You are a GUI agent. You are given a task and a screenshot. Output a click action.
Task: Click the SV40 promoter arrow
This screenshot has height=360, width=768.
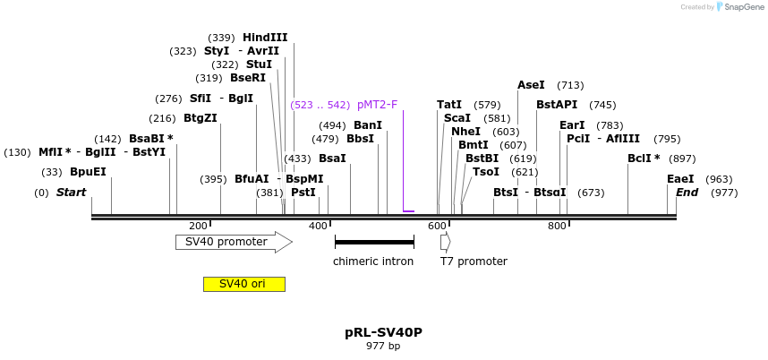coord(233,242)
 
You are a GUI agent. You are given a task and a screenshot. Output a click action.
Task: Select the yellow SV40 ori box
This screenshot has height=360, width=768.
coord(243,284)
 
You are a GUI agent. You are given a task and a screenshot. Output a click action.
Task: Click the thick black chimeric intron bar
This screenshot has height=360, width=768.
coord(374,242)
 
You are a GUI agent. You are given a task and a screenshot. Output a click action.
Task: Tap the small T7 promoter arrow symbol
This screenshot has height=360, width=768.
coord(445,242)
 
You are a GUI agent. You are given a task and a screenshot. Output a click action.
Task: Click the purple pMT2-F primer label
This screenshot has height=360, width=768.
coord(377,105)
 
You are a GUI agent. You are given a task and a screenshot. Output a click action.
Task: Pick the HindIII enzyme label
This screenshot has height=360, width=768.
coord(265,38)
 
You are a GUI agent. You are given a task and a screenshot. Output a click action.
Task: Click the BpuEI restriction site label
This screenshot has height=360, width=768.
coord(88,172)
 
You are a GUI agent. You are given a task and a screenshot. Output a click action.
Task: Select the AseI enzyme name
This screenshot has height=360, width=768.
coord(531,85)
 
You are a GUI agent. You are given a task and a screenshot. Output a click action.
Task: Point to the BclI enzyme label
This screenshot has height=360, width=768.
coord(644,159)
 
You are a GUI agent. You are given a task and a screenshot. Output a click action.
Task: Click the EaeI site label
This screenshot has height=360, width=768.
coord(680,179)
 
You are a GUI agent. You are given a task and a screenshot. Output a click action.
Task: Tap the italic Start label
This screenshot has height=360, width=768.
coord(72,193)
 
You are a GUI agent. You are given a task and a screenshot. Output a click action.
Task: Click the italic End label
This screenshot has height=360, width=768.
coord(687,193)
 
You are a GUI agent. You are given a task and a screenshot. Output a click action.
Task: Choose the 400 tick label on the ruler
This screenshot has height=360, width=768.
coord(318,226)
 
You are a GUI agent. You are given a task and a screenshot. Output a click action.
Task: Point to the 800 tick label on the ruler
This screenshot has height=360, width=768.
coord(557,226)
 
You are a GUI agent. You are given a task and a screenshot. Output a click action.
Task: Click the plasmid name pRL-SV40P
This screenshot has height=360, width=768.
coord(383,332)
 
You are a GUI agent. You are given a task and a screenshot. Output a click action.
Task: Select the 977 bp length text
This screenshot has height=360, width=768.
coord(383,347)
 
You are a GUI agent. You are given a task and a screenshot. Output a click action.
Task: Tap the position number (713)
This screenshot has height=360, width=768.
coord(570,85)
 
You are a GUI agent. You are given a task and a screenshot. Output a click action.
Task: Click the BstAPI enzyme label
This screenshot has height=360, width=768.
coord(557,105)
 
